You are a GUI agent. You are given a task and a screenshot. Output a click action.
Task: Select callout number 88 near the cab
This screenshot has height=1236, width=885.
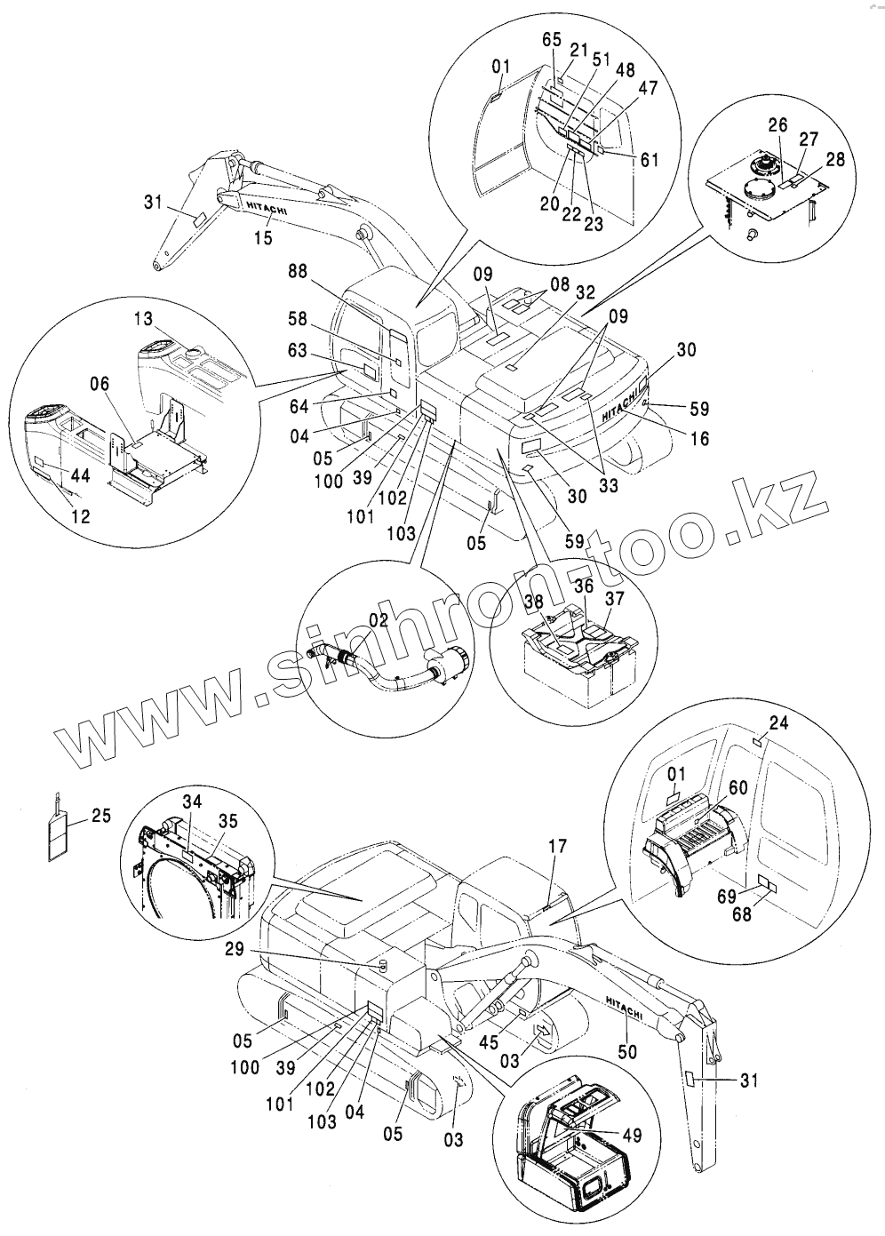[x=298, y=272]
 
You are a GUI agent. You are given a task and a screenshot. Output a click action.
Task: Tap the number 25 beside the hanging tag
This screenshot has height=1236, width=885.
[x=101, y=815]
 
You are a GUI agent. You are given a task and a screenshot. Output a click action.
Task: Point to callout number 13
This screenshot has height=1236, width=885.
[x=143, y=318]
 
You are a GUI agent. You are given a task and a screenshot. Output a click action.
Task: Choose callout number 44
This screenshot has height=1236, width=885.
[x=80, y=474]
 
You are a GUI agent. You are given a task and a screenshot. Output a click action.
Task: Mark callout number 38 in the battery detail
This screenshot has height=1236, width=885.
[x=533, y=602]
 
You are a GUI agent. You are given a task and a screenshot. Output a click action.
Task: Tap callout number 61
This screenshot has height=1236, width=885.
[x=649, y=159]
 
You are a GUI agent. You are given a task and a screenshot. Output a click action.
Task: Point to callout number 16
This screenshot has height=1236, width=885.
[x=699, y=438]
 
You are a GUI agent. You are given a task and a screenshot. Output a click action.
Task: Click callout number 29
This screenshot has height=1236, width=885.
[x=235, y=949]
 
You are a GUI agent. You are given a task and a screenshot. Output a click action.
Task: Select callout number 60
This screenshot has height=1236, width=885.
[x=737, y=787]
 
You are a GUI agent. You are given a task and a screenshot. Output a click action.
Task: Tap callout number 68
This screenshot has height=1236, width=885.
[x=742, y=914]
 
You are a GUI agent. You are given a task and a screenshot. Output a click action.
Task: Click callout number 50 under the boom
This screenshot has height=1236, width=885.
[x=628, y=1051]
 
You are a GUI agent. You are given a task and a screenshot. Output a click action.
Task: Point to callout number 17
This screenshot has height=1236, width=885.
[x=557, y=847]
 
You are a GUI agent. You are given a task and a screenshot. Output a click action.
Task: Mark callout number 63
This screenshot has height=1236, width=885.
[x=298, y=350]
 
